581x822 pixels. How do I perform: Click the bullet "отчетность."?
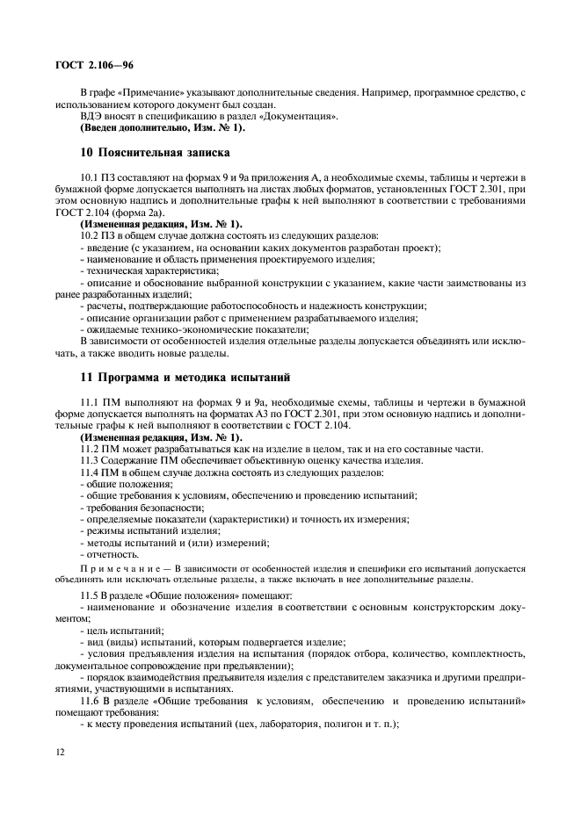(111, 553)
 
